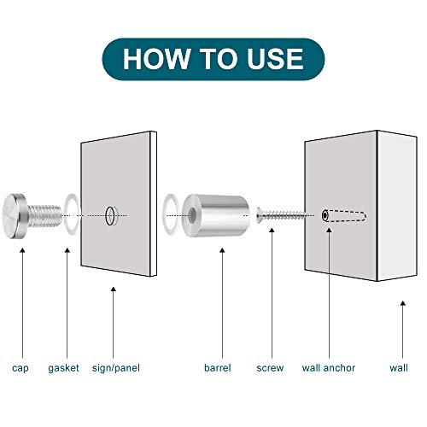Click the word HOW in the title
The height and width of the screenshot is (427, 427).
pyautogui.click(x=156, y=59)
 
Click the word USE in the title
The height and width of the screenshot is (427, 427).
pyautogui.click(x=275, y=59)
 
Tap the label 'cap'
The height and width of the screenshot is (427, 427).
pyautogui.click(x=20, y=368)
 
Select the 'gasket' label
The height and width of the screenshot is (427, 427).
pyautogui.click(x=63, y=368)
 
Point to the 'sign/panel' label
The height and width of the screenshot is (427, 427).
pyautogui.click(x=116, y=368)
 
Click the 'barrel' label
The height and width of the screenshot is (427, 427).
pyautogui.click(x=218, y=368)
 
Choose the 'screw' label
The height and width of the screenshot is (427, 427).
pyautogui.click(x=270, y=368)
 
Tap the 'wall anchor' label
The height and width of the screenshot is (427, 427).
pyautogui.click(x=329, y=368)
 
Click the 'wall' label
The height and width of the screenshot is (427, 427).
pyautogui.click(x=399, y=368)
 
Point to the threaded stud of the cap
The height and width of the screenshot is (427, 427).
pyautogui.click(x=44, y=216)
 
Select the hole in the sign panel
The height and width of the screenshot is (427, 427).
pyautogui.click(x=110, y=216)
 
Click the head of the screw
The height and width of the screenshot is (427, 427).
pyautogui.click(x=260, y=215)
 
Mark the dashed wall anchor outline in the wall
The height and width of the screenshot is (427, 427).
pyautogui.click(x=344, y=216)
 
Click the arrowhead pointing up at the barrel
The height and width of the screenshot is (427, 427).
pyautogui.click(x=222, y=250)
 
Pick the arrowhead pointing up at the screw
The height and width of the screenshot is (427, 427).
pyautogui.click(x=272, y=231)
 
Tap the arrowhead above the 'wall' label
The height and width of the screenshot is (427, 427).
pyautogui.click(x=403, y=303)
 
